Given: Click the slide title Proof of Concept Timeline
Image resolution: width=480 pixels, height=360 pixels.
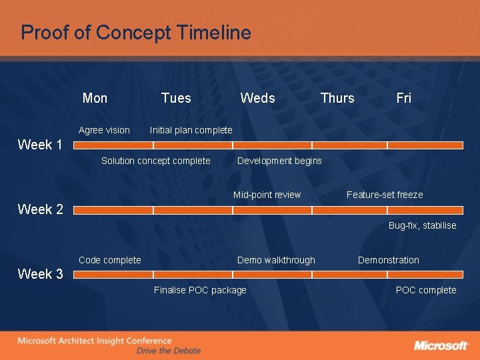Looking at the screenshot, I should click(x=136, y=33).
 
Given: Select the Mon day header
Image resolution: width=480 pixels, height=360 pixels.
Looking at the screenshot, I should click(x=95, y=98).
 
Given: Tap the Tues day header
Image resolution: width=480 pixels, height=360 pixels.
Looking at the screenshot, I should click(x=176, y=98).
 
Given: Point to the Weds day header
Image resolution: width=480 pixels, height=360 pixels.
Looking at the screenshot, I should click(x=257, y=98).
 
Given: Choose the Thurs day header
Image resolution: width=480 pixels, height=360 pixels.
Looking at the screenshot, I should click(x=337, y=98).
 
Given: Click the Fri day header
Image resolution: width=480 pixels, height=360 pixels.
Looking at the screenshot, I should click(x=403, y=98).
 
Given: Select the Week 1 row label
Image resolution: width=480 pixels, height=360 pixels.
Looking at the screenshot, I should click(x=40, y=145).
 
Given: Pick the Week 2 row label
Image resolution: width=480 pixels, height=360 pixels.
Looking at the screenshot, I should click(x=40, y=209).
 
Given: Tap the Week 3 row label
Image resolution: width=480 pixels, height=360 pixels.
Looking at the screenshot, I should click(x=40, y=274).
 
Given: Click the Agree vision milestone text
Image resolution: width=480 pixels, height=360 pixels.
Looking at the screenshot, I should click(x=104, y=130).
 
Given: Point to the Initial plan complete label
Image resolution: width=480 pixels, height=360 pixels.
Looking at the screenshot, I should click(x=191, y=130).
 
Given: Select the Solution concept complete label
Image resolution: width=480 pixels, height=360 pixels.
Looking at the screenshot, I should click(x=155, y=161).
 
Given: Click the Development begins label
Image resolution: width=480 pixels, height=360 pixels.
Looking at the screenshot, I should click(x=279, y=161).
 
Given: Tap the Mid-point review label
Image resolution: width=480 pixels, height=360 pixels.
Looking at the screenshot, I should click(x=267, y=195).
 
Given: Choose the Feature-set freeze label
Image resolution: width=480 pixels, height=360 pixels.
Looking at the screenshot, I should click(x=385, y=195).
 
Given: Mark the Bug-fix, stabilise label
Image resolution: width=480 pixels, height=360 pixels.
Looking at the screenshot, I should click(x=422, y=225).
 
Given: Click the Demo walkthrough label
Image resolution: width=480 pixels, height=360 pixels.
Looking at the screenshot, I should click(x=276, y=260).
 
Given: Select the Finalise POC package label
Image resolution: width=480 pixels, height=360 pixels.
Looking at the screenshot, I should click(x=200, y=290).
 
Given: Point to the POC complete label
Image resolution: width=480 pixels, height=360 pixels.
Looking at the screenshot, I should click(x=426, y=290).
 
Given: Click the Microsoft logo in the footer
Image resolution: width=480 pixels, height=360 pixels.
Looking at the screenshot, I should click(x=441, y=345).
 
